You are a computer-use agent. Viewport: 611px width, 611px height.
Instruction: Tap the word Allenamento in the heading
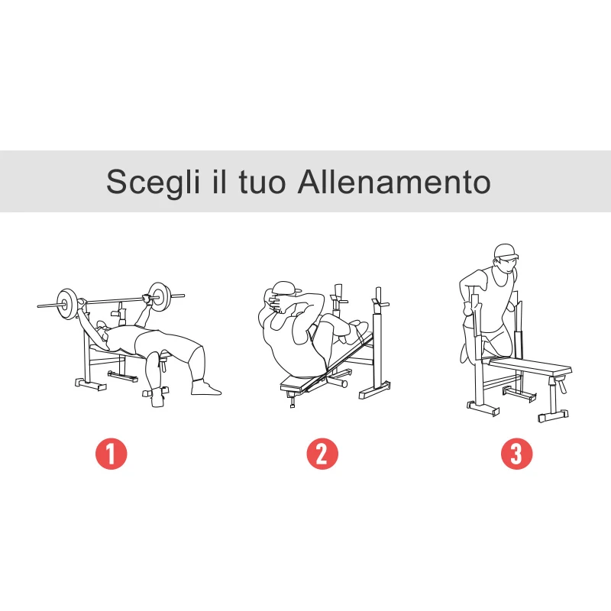[x=393, y=183]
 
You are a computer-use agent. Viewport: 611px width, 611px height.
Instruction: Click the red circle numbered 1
[x=111, y=454]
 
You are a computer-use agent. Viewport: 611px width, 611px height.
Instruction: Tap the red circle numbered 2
[x=322, y=454]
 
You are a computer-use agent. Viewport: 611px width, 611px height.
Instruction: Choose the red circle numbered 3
[x=516, y=454]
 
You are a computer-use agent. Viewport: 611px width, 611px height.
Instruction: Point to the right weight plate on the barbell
[x=160, y=296]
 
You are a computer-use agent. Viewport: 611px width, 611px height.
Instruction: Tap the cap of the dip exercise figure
[x=505, y=251]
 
